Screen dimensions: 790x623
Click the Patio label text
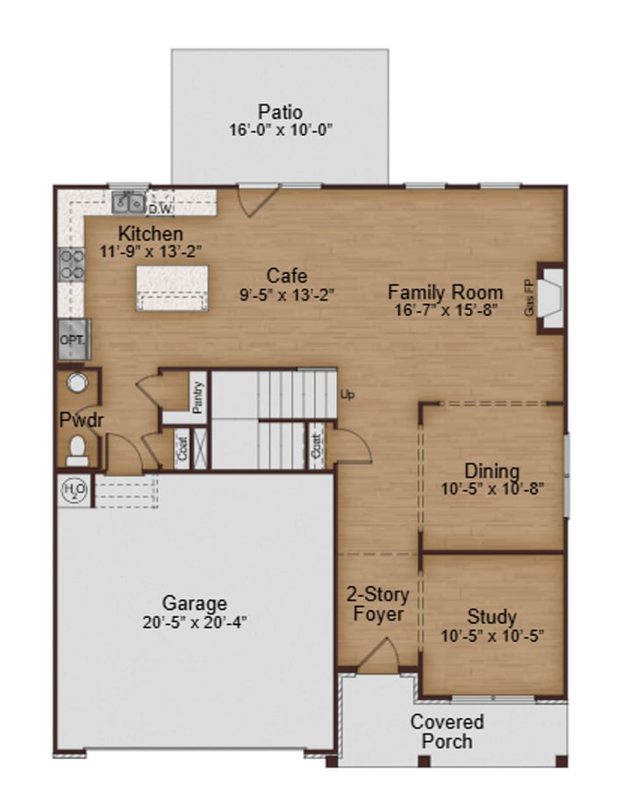coord(280,112)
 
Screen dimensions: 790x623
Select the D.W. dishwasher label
coord(159,209)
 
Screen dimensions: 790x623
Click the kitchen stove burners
coord(71,263)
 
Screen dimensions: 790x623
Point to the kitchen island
coord(172,289)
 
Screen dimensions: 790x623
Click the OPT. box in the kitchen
coord(71,339)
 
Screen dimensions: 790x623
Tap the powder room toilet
coord(76,449)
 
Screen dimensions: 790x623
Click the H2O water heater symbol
coord(71,490)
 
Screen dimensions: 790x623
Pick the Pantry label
coord(198,394)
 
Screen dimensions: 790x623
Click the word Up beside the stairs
coord(347,395)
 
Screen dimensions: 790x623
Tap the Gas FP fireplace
coord(550,298)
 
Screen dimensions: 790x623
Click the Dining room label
coord(491,471)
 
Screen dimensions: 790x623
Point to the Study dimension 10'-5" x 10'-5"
coord(491,635)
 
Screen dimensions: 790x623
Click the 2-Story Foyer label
coord(378,604)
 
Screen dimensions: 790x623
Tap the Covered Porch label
coord(447,731)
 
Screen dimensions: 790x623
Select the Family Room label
coord(446,292)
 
